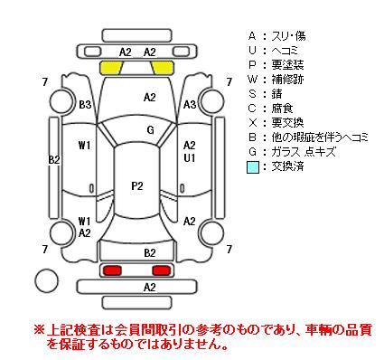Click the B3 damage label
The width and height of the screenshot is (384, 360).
(85, 105)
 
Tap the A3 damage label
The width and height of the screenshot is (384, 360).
(190, 105)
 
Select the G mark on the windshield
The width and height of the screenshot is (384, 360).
(150, 130)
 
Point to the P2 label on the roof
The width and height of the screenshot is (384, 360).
(137, 186)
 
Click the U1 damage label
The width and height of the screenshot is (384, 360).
(190, 158)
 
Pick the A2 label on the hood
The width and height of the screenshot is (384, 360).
(150, 98)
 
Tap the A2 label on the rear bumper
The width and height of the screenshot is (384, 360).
(150, 288)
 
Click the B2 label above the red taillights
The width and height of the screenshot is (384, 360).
(150, 253)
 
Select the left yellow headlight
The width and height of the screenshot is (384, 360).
(111, 68)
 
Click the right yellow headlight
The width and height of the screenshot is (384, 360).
(163, 68)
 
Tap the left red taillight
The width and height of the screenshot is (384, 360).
(112, 270)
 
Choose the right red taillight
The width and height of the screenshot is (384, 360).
(162, 270)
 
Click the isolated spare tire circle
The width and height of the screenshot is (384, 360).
(47, 279)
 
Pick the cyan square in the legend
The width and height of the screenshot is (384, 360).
(253, 167)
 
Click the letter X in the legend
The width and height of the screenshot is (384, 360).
(252, 123)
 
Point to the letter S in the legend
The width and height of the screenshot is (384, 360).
(252, 94)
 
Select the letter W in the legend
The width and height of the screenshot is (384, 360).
(252, 80)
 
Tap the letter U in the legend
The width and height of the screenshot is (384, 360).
(252, 51)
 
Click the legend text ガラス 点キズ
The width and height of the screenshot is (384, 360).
(304, 152)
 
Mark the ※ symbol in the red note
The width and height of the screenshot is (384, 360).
(39, 329)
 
